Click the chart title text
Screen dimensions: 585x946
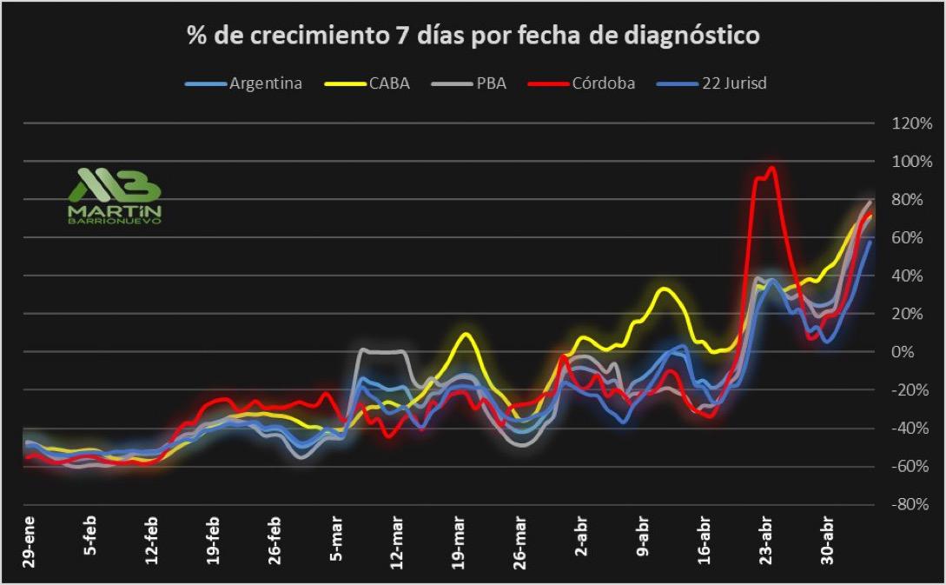pyautogui.click(x=473, y=36)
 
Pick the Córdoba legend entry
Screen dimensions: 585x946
pyautogui.click(x=603, y=83)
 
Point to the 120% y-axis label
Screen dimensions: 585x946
pyautogui.click(x=911, y=123)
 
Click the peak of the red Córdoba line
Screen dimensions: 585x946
pyautogui.click(x=771, y=168)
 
